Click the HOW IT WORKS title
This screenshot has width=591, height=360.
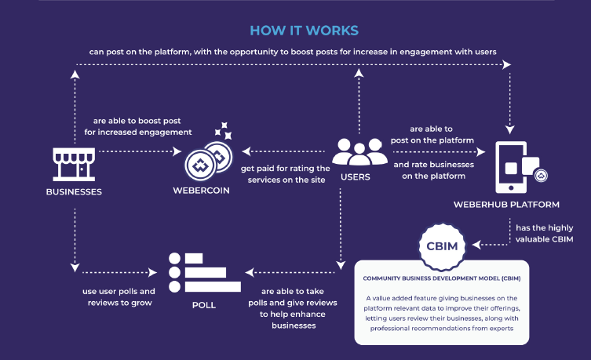tap(304, 31)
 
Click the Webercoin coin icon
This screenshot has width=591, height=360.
tap(207, 161)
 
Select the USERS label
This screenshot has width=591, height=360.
tap(355, 176)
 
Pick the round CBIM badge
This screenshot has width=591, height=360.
tap(441, 245)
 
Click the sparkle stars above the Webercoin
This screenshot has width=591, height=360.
tap(222, 130)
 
